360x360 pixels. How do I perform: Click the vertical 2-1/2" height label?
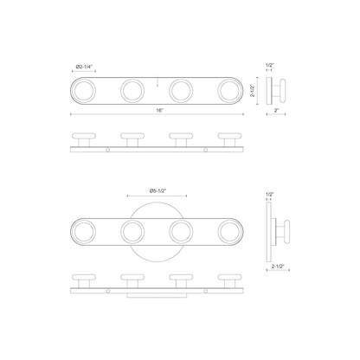point(252,89)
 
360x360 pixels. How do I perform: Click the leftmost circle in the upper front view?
point(84,90)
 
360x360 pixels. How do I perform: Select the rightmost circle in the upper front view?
point(230,90)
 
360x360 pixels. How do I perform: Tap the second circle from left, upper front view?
point(132,90)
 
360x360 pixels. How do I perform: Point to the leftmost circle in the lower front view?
point(84,231)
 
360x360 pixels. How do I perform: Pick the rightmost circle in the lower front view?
point(230,231)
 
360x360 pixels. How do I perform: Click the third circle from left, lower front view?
point(182,231)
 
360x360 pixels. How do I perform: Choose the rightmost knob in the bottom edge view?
point(230,280)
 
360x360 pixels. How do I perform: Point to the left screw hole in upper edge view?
point(108,149)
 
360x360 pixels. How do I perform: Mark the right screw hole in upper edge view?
point(206,149)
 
